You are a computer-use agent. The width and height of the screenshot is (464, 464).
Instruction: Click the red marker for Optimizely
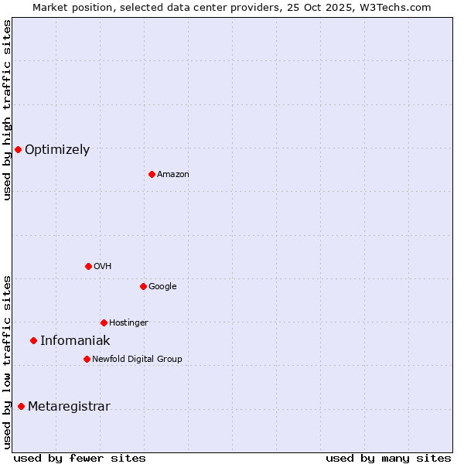click(18, 149)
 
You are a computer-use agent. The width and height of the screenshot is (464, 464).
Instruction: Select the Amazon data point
click(152, 174)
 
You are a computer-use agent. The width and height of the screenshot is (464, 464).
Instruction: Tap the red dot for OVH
click(88, 266)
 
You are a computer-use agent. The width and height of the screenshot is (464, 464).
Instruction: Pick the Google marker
click(143, 286)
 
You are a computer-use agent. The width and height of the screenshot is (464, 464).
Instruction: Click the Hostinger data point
click(104, 322)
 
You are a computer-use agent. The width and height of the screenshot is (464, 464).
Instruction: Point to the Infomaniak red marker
click(33, 340)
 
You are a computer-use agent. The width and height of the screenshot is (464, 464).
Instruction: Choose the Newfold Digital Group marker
click(87, 359)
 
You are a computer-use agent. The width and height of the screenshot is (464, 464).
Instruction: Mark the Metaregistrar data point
click(21, 407)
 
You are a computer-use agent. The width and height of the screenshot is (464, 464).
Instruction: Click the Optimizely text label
click(57, 150)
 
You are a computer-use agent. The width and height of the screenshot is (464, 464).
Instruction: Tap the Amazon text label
click(173, 175)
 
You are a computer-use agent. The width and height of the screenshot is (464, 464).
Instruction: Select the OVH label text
click(103, 267)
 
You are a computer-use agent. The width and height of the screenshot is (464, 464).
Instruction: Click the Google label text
click(162, 287)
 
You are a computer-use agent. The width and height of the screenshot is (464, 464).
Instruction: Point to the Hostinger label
click(128, 323)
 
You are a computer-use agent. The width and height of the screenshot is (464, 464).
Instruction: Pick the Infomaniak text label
click(75, 341)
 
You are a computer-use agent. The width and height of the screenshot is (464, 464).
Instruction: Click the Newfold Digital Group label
click(137, 360)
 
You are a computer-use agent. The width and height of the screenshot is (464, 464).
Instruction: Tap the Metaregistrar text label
click(69, 408)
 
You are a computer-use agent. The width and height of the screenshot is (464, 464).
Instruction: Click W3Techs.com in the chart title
click(394, 7)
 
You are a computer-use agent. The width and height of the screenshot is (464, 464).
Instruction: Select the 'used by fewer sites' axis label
click(80, 458)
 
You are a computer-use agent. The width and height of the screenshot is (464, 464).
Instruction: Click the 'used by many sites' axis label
click(388, 458)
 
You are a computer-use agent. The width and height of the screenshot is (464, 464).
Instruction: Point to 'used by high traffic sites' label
click(7, 110)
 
